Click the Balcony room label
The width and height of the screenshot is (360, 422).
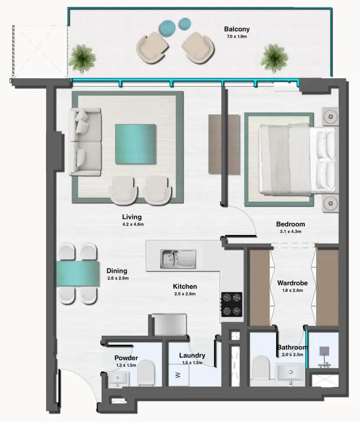pyautogui.click(x=237, y=30)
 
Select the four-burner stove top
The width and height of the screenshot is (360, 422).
pyautogui.click(x=232, y=304)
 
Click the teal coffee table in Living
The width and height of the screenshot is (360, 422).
pyautogui.click(x=135, y=144)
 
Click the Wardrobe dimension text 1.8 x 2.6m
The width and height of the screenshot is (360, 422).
pyautogui.click(x=292, y=290)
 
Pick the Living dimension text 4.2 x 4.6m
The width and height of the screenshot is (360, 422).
pyautogui.click(x=132, y=224)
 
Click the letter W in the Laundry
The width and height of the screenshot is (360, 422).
pyautogui.click(x=177, y=375)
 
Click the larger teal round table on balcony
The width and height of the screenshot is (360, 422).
pyautogui.click(x=167, y=28)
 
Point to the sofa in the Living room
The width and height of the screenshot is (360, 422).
pyautogui.click(x=85, y=141)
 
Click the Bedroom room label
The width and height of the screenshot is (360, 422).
pyautogui.click(x=290, y=224)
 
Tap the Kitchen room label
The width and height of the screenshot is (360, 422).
pyautogui.click(x=185, y=286)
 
